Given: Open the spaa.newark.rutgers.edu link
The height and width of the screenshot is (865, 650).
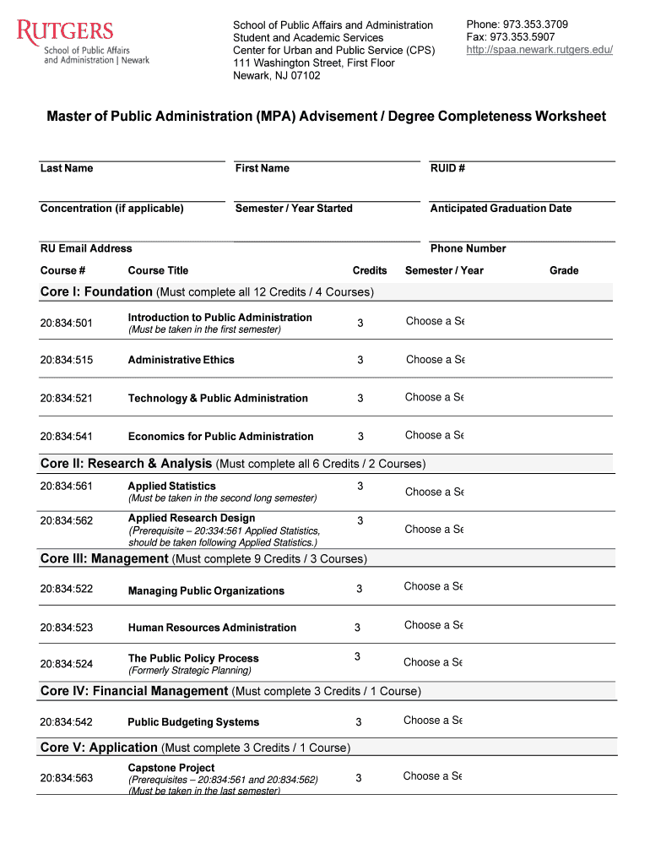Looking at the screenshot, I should tap(539, 50).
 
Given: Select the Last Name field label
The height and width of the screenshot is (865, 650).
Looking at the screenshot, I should tap(67, 168).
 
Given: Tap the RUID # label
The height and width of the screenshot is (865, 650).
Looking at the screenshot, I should tap(447, 168).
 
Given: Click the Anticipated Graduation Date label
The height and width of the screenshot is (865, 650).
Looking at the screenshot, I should tap(501, 209).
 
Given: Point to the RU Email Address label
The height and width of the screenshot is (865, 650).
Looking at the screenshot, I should tap(86, 248).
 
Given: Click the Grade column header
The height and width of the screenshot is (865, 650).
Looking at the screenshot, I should tap(564, 270).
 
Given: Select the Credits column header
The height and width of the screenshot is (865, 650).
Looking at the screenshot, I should tap(370, 270).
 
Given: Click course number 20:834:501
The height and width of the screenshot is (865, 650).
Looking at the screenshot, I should tap(67, 323).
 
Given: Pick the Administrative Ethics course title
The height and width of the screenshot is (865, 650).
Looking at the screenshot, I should tap(181, 360).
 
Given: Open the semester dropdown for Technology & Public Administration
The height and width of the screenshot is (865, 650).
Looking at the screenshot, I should tap(435, 397).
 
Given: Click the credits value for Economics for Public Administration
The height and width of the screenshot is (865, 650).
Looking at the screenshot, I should tap(360, 437).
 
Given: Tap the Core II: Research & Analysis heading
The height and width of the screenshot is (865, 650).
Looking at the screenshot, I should tap(127, 464).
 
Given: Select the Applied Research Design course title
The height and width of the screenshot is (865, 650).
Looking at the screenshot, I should tap(192, 518).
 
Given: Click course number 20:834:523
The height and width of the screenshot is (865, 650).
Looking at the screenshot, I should tap(67, 628).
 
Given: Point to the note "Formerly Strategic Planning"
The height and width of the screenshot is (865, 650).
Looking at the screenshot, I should tap(189, 671).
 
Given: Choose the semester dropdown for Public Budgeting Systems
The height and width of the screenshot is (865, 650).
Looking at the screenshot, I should tap(433, 721).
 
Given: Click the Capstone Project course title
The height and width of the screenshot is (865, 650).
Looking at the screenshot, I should tap(171, 768).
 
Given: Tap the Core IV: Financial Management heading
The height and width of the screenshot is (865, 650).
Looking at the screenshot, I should tap(134, 691).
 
